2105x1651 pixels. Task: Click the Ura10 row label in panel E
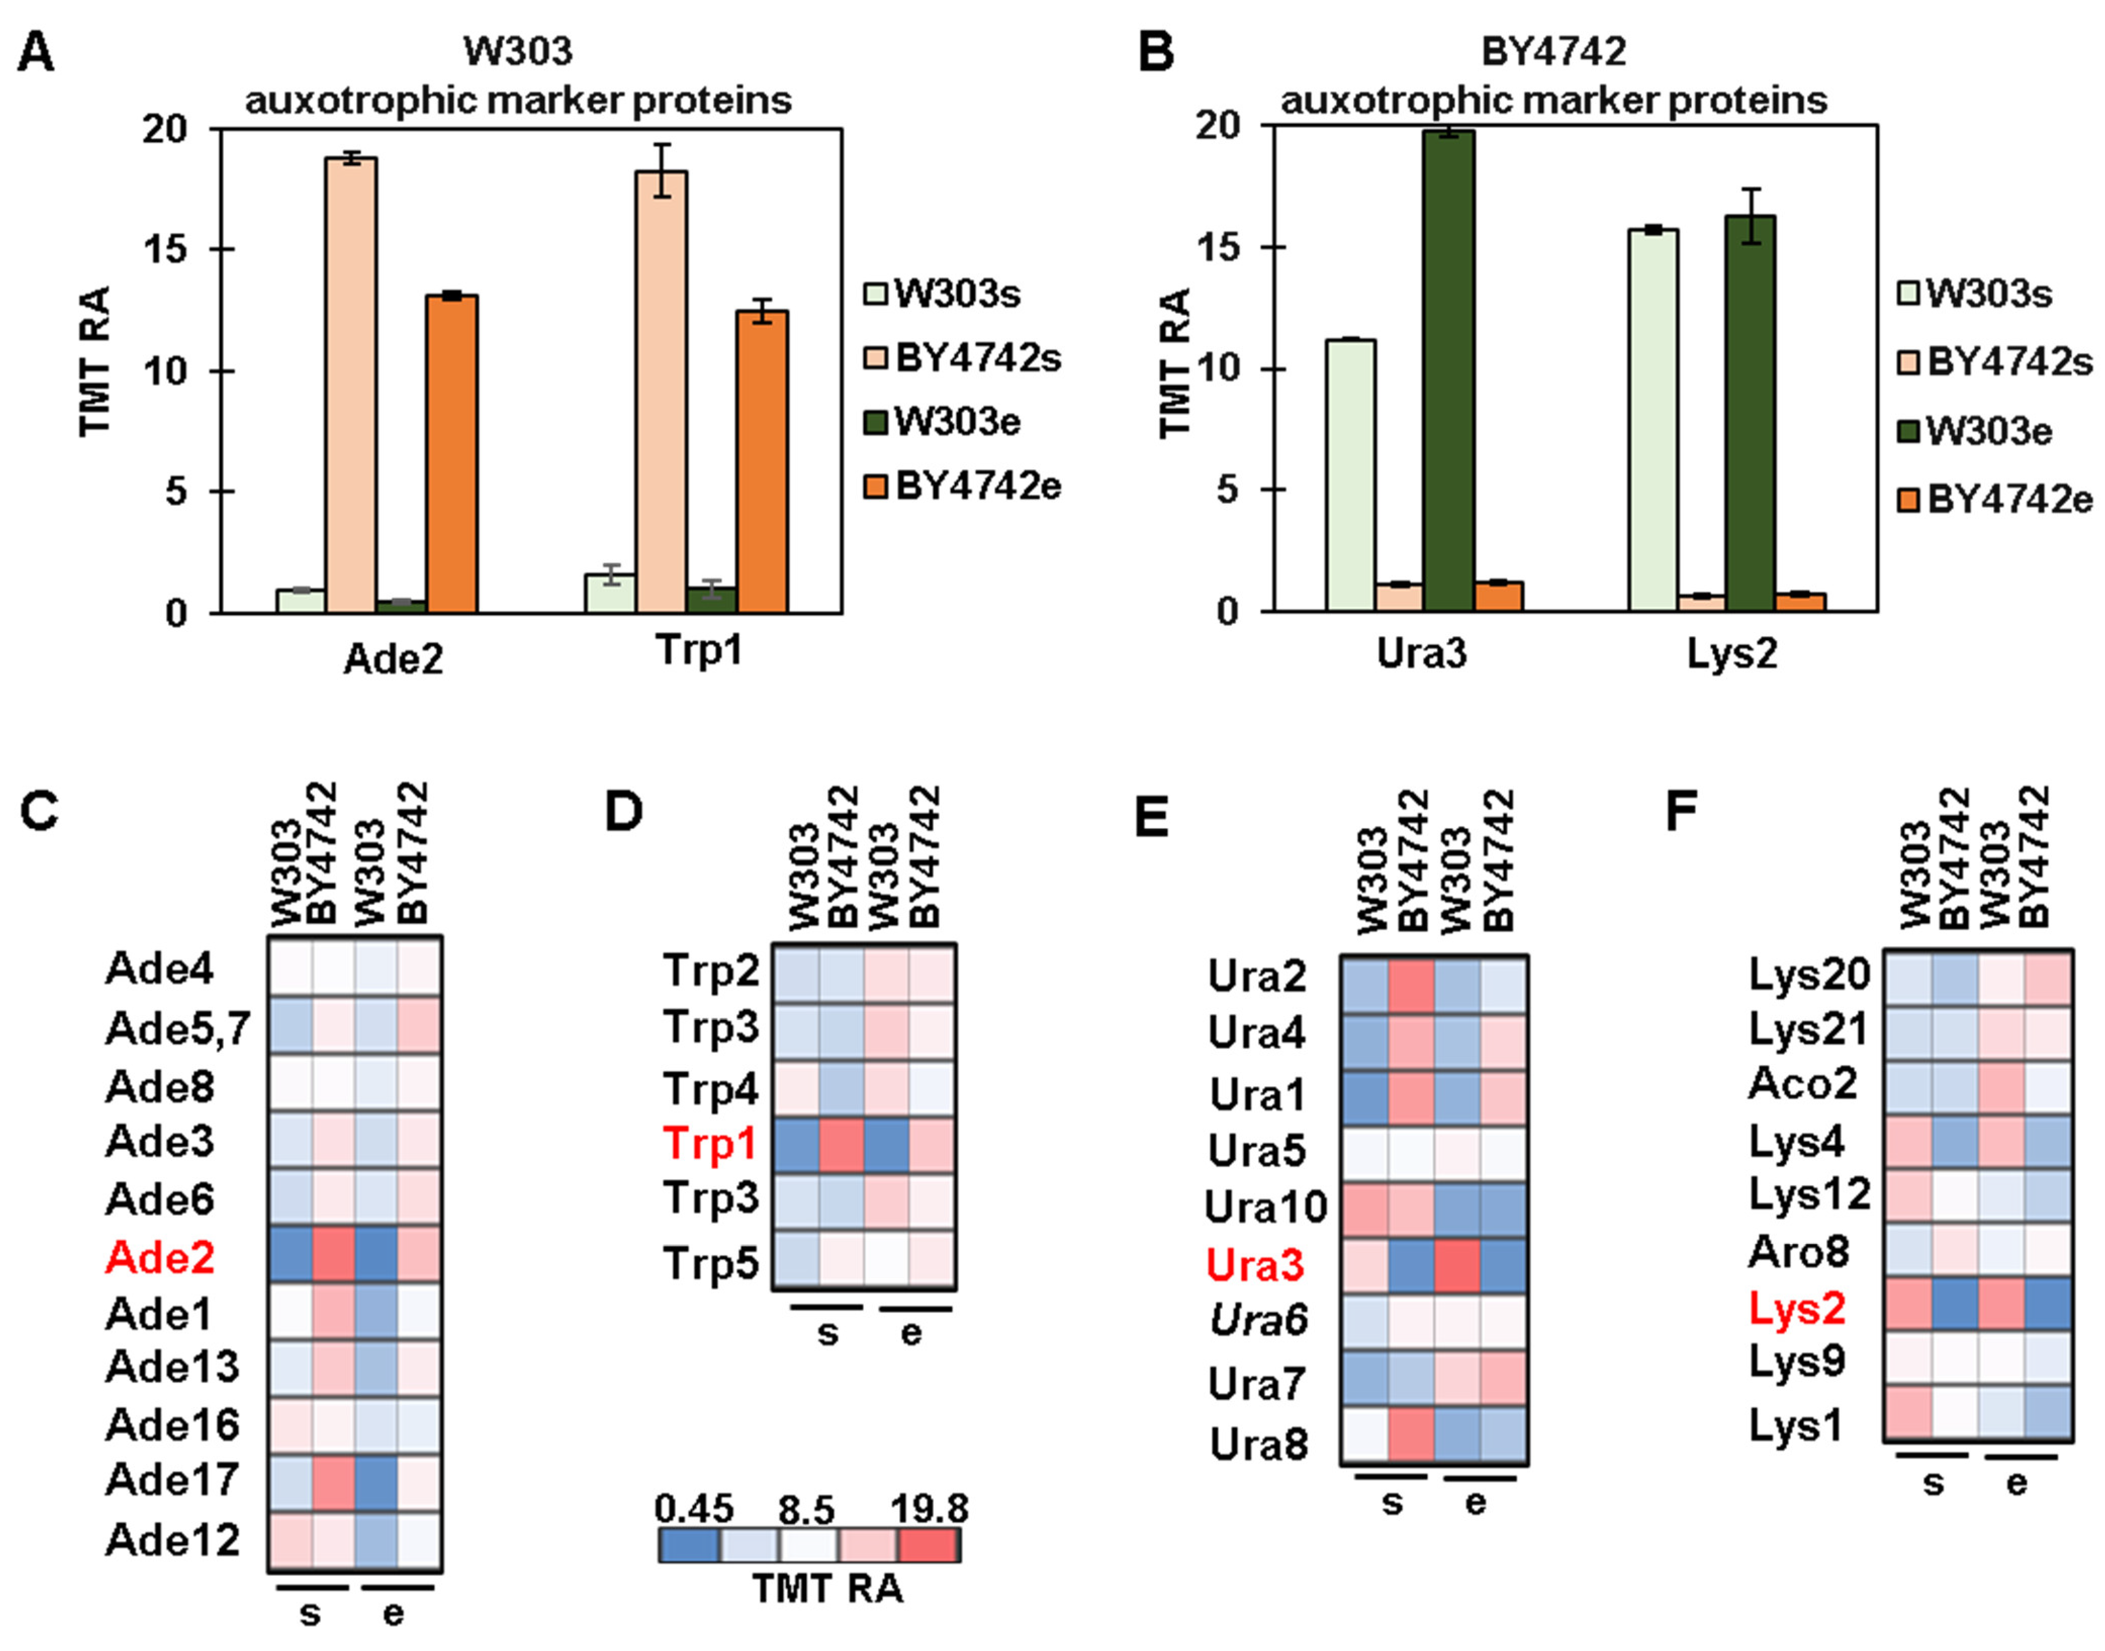click(x=1266, y=1207)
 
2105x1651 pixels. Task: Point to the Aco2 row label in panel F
click(x=1803, y=1084)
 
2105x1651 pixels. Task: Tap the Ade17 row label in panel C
click(x=172, y=1479)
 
